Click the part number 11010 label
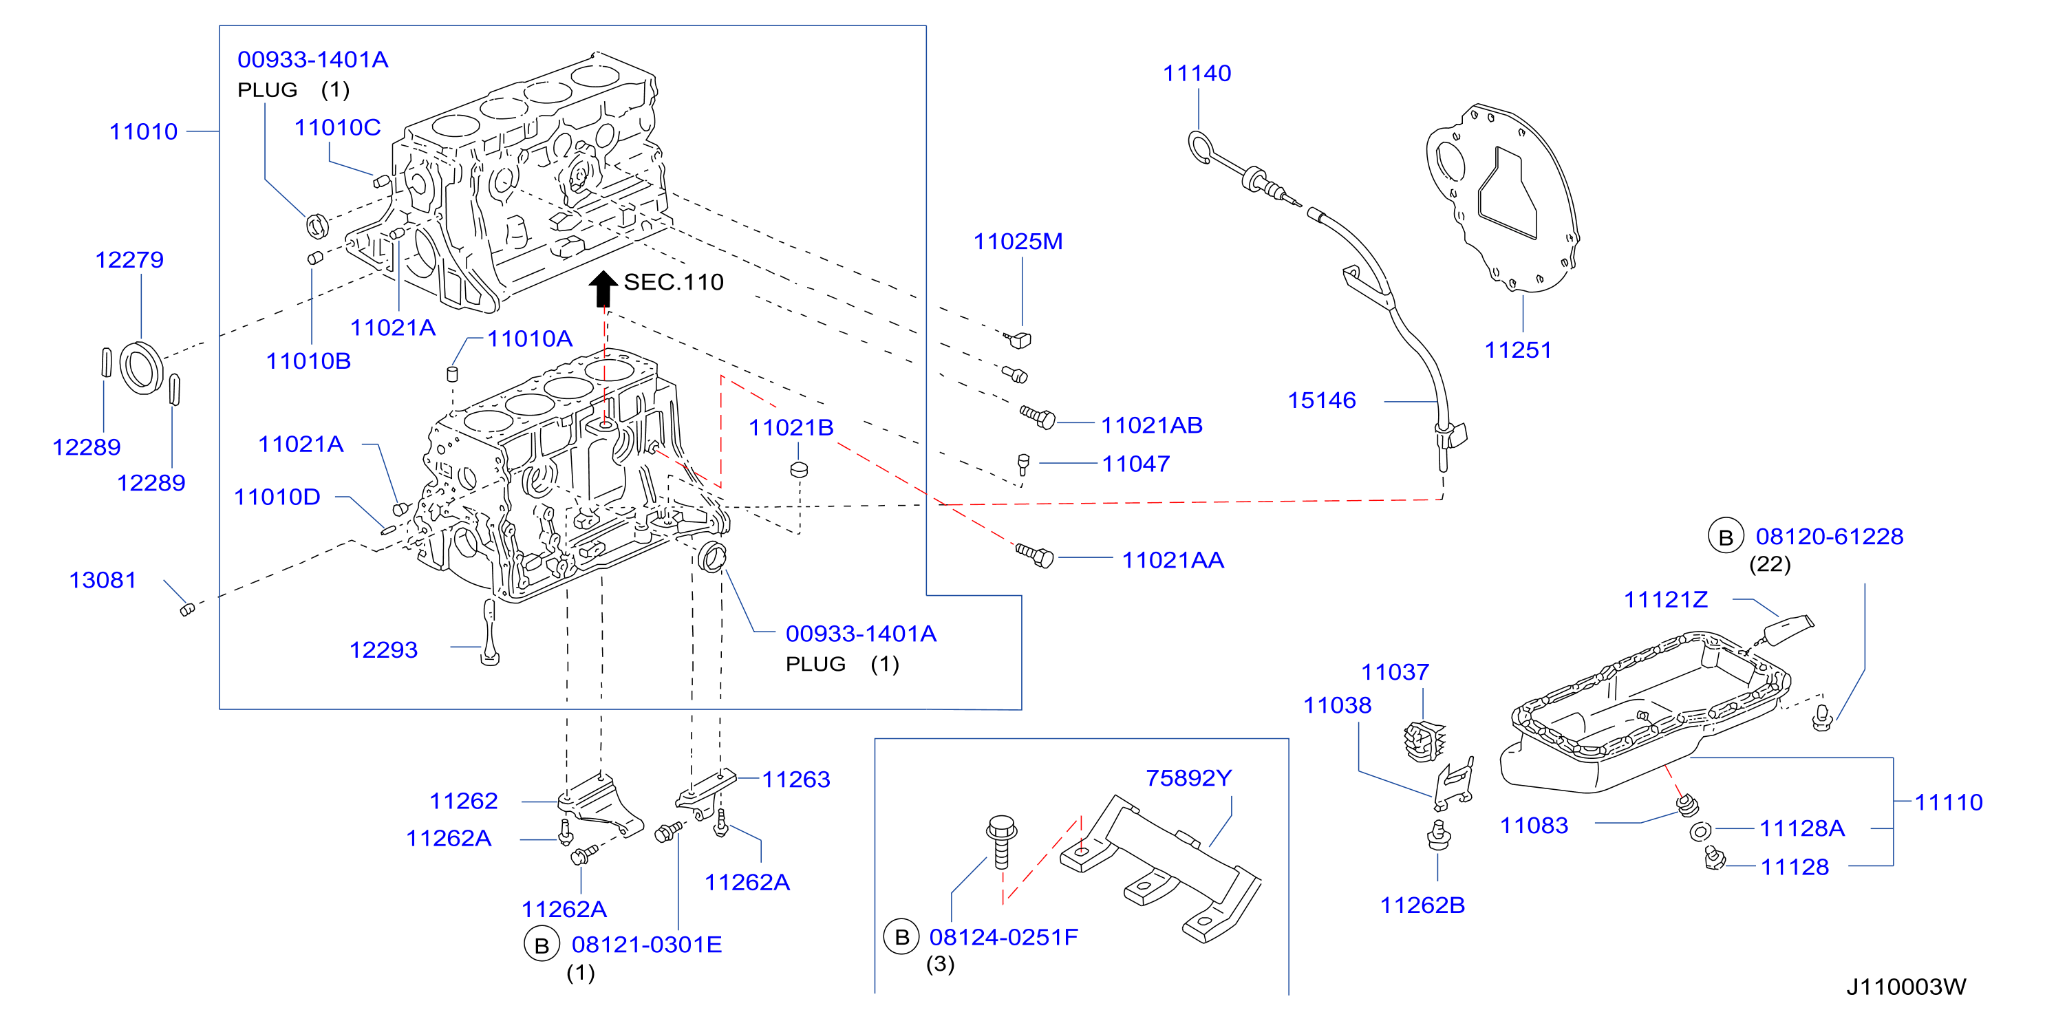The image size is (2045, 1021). tap(144, 132)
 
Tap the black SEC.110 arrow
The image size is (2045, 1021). tap(603, 288)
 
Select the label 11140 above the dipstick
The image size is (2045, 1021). tap(1197, 74)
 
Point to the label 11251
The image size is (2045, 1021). tap(1518, 350)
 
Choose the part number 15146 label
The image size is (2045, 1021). tap(1322, 400)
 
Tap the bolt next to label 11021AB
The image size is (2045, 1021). tap(1038, 417)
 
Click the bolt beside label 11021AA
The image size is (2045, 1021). tap(1034, 555)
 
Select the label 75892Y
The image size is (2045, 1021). tap(1188, 778)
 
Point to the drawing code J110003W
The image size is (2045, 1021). tap(1906, 987)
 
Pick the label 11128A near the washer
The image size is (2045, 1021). tap(1802, 829)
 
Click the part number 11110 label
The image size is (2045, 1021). tap(1949, 803)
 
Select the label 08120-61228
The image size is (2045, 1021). tap(1830, 537)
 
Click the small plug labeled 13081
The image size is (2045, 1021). tap(187, 610)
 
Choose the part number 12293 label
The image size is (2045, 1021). tap(383, 650)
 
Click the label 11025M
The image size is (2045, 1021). tap(1018, 241)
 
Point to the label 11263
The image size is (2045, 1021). tap(796, 780)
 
